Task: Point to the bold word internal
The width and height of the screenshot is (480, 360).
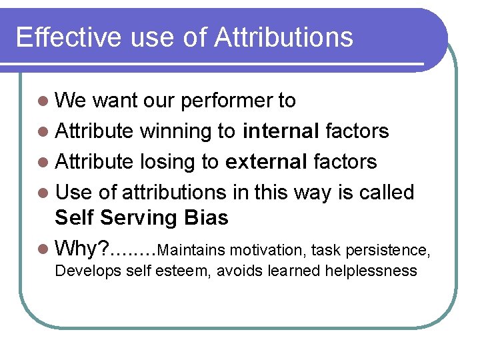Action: pyautogui.click(x=281, y=131)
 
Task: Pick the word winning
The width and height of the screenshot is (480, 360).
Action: pyautogui.click(x=175, y=131)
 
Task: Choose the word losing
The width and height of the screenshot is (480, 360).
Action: pyautogui.click(x=165, y=161)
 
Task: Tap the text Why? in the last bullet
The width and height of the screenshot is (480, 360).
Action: pyautogui.click(x=81, y=249)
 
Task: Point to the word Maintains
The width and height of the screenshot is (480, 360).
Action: pyautogui.click(x=194, y=250)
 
